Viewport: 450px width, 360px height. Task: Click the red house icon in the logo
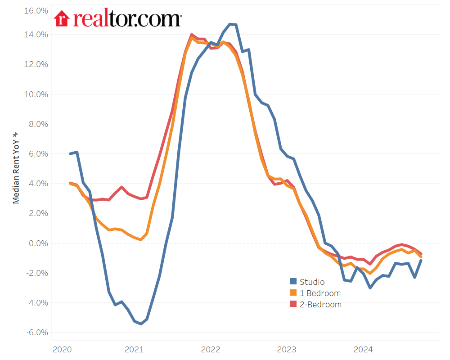pos(62,18)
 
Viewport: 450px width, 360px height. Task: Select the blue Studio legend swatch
pos(293,282)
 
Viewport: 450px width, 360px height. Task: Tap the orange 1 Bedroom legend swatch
pos(293,293)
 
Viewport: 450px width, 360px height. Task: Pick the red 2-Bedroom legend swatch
pos(293,304)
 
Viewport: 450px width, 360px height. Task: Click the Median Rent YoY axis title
pos(16,167)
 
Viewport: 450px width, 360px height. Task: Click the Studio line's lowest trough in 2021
pos(141,324)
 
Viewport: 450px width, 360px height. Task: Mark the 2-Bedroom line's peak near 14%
pos(192,35)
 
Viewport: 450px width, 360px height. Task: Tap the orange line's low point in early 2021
pos(141,240)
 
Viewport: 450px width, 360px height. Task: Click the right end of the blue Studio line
pos(421,261)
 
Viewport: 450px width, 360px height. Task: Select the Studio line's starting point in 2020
pos(71,153)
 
